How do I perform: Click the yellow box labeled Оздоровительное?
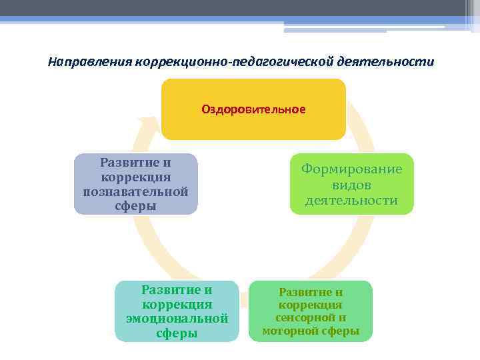(x=253, y=109)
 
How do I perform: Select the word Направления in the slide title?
(x=89, y=62)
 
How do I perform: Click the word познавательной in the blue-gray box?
(x=135, y=192)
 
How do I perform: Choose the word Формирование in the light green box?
(x=351, y=169)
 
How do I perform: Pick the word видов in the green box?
(x=351, y=185)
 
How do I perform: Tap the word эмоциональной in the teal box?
(x=177, y=318)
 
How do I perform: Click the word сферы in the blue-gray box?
(x=135, y=206)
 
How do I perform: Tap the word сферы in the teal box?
(x=177, y=333)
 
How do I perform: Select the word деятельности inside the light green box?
(x=351, y=200)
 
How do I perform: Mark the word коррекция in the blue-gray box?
(x=135, y=177)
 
